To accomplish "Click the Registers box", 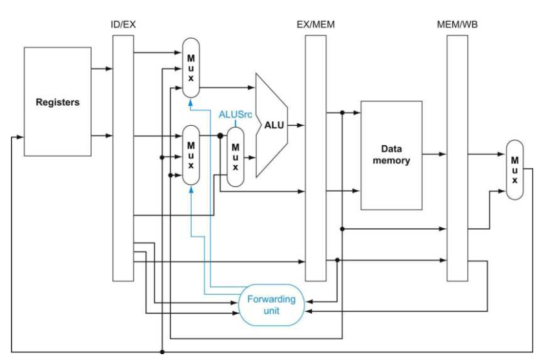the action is point(57,102).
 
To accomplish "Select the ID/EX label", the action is point(123,25).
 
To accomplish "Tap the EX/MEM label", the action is point(316,25).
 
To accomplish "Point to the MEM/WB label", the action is point(457,25).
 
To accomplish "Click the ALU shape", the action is point(272,125).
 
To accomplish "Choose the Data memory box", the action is point(392,155).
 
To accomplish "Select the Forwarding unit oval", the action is point(272,305).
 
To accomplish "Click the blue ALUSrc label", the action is point(236,114).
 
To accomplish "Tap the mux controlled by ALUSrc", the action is point(236,157).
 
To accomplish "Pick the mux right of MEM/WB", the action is point(514,170).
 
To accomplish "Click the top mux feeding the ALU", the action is point(191,68).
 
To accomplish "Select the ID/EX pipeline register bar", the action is point(123,158).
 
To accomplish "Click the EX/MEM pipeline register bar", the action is point(316,158).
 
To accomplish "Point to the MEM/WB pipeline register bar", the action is point(457,158).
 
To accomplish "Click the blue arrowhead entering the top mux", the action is point(190,102).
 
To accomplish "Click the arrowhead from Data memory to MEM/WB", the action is point(443,154).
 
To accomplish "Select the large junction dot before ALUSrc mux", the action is point(220,136).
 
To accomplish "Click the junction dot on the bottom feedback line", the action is point(162,352).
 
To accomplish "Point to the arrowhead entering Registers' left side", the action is point(20,137).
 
